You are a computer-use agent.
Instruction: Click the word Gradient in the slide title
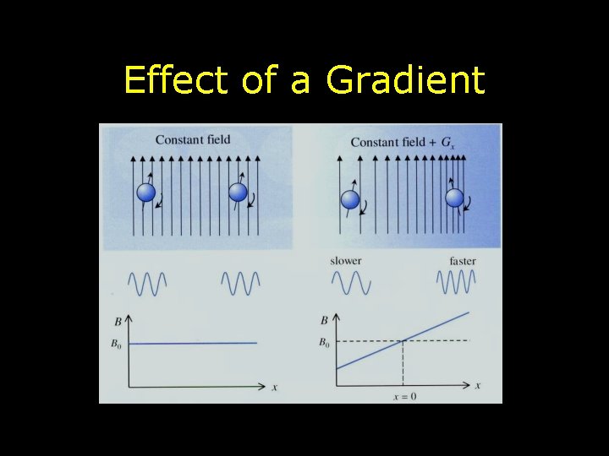coord(405,81)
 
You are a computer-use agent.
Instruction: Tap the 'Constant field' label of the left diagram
coord(193,139)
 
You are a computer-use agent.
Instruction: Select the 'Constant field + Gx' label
coord(401,142)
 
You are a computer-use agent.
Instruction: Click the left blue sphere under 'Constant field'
coord(147,193)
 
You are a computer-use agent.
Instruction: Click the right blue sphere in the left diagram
coord(239,193)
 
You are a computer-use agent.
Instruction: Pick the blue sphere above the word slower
coord(349,200)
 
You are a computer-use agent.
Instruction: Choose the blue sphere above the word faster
coord(454,198)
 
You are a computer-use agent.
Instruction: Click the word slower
coord(346,261)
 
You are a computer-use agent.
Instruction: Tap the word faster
coord(463,261)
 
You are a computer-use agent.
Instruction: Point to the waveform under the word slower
coord(350,282)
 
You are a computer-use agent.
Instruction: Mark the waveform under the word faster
coord(456,282)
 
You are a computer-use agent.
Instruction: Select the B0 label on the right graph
coord(324,343)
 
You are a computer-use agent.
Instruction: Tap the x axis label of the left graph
coord(274,387)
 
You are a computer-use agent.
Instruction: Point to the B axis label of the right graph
coord(325,321)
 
